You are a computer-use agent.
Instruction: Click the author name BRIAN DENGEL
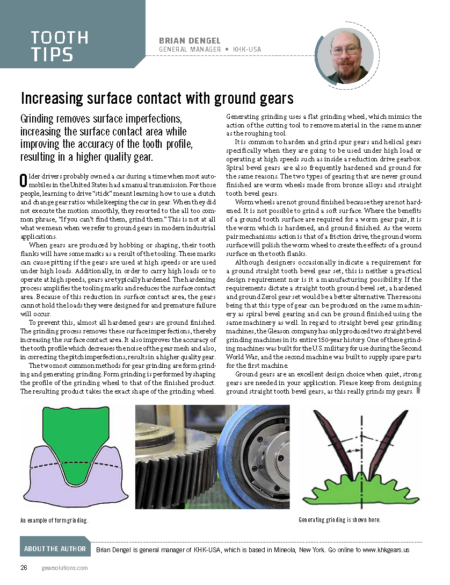pos(190,41)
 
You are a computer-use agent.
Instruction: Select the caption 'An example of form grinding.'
pos(54,520)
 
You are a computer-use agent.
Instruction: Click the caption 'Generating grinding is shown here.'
pos(339,520)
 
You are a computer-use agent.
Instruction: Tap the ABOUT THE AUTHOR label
pos(55,549)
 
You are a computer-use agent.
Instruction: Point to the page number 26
pos(24,568)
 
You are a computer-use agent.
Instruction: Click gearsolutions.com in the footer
pos(64,568)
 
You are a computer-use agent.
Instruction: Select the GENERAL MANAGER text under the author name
pos(190,50)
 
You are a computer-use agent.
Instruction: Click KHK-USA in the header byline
pos(247,50)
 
